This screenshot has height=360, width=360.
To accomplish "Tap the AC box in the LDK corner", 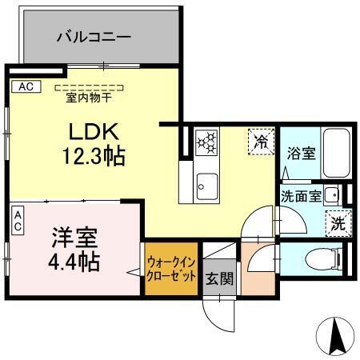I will coord(24,86).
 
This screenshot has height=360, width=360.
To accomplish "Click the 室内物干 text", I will coord(88,98).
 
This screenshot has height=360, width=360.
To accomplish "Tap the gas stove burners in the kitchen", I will coord(207,142).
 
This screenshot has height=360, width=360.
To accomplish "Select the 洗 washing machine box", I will coord(337,223).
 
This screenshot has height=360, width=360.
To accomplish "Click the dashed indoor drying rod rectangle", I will coord(88,86).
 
